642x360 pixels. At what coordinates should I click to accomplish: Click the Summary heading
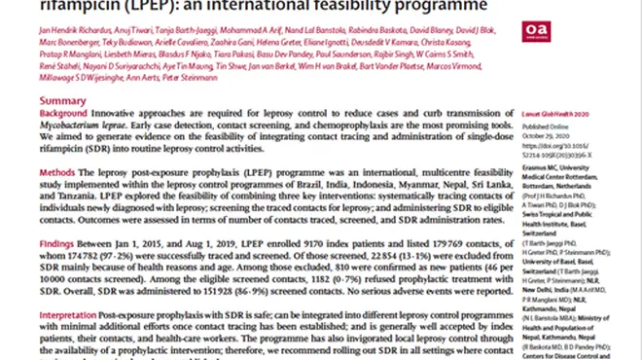(x=60, y=101)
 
